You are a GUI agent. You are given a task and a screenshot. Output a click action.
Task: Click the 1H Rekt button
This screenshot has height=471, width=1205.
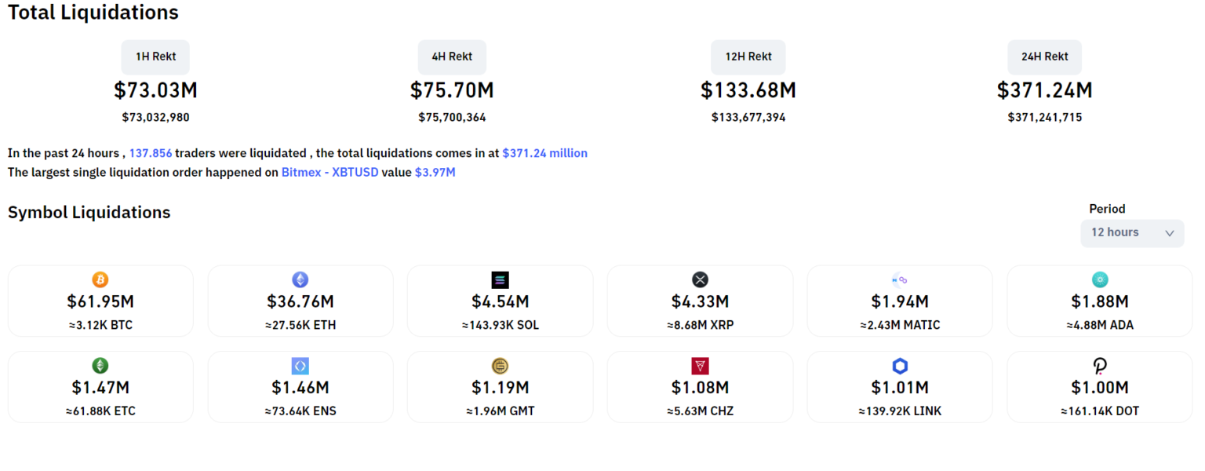pyautogui.click(x=155, y=57)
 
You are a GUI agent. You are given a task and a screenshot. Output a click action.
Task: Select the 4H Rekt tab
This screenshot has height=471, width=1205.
pyautogui.click(x=452, y=57)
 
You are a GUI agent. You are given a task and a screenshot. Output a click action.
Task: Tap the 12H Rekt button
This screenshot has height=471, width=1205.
pyautogui.click(x=748, y=57)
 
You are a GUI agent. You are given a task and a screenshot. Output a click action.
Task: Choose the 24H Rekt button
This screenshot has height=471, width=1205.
pyautogui.click(x=1044, y=57)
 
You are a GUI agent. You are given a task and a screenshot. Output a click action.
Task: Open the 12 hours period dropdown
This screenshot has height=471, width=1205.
pyautogui.click(x=1131, y=233)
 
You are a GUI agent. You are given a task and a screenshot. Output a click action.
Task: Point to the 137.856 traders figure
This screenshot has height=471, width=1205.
pyautogui.click(x=151, y=153)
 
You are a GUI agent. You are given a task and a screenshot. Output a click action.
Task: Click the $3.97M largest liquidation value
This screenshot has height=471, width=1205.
pyautogui.click(x=435, y=172)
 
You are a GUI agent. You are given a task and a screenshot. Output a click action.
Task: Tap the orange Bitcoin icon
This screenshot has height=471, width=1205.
pyautogui.click(x=100, y=279)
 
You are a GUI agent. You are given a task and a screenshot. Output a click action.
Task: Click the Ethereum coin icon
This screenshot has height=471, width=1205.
pyautogui.click(x=300, y=279)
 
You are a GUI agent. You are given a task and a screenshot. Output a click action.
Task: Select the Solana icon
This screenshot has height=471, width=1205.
pyautogui.click(x=500, y=279)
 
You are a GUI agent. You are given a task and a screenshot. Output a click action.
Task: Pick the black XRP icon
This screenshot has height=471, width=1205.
pyautogui.click(x=700, y=279)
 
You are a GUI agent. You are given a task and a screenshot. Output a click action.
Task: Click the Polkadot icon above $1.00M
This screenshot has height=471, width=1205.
pyautogui.click(x=1100, y=366)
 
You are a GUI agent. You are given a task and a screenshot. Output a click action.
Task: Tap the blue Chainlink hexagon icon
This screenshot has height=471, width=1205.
pyautogui.click(x=900, y=366)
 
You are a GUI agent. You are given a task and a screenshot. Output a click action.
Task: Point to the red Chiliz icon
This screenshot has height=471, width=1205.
pyautogui.click(x=700, y=366)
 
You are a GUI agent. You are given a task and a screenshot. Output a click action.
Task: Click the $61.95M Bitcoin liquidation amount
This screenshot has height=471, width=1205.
pyautogui.click(x=100, y=301)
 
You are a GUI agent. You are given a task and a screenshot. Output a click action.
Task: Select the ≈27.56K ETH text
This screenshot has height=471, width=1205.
pyautogui.click(x=300, y=325)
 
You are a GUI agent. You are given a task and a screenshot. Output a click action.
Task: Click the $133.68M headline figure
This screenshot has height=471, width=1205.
pyautogui.click(x=748, y=91)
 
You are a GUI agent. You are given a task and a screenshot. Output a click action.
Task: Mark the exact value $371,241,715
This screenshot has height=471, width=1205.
pyautogui.click(x=1044, y=118)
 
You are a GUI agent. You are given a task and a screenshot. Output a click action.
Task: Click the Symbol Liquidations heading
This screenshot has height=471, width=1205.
pyautogui.click(x=89, y=213)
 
